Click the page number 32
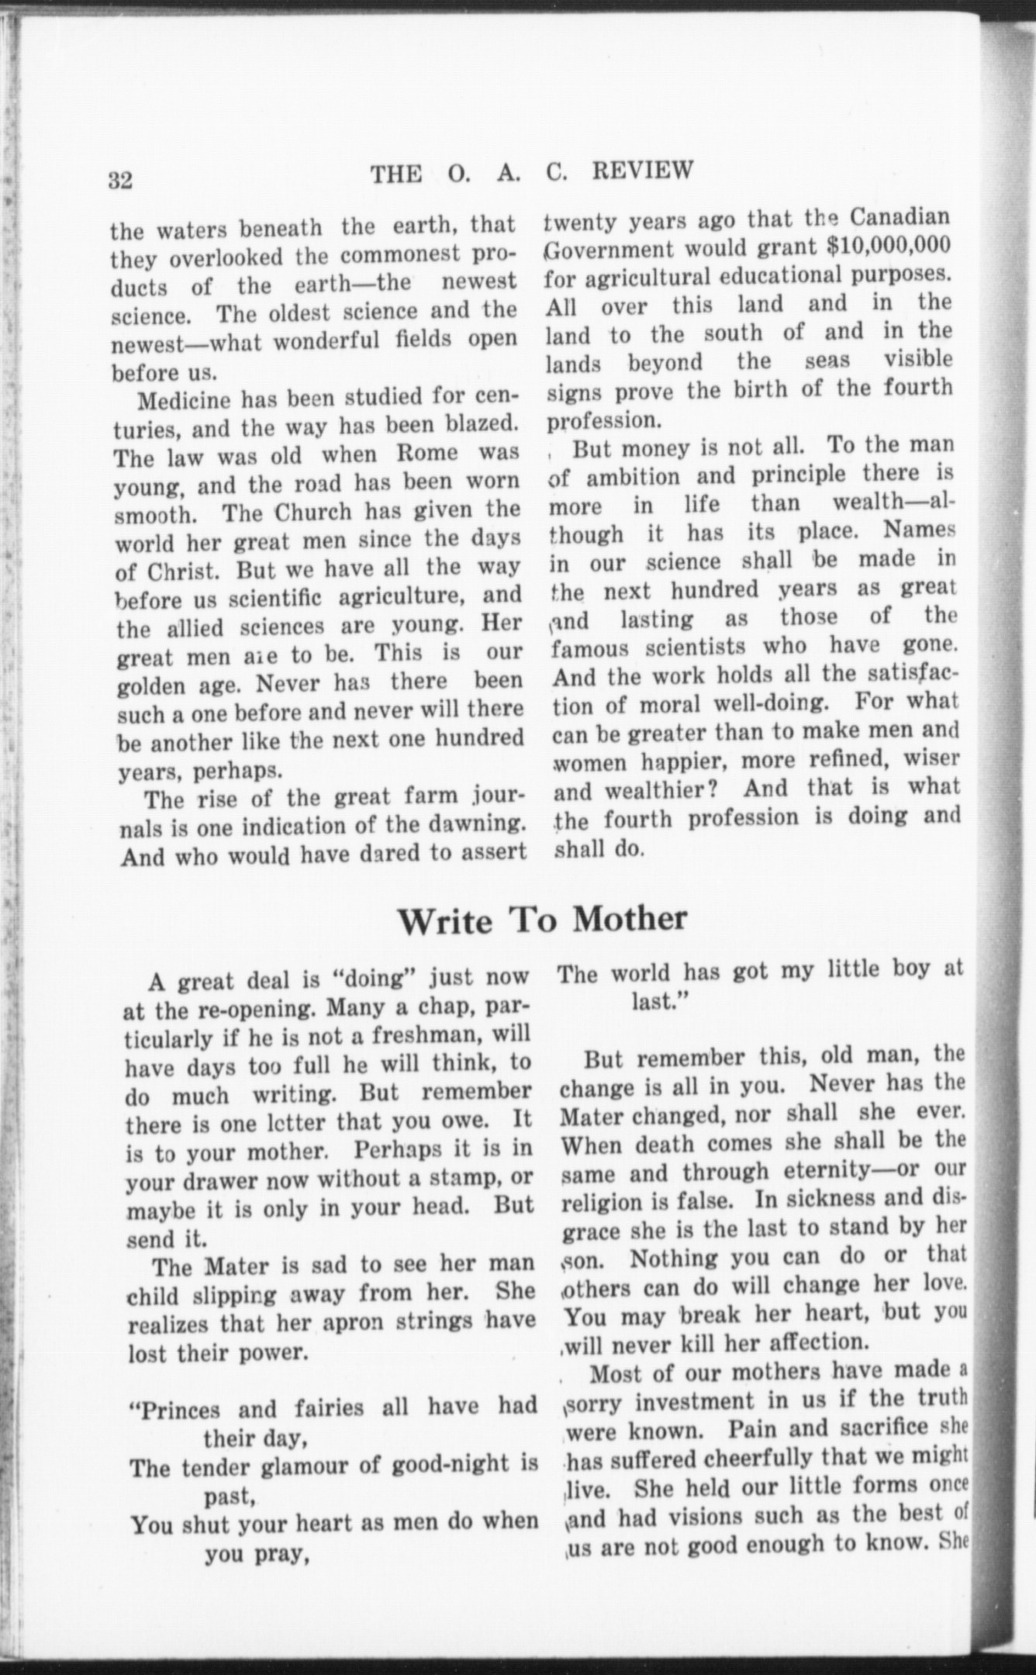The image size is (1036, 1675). [x=121, y=180]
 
